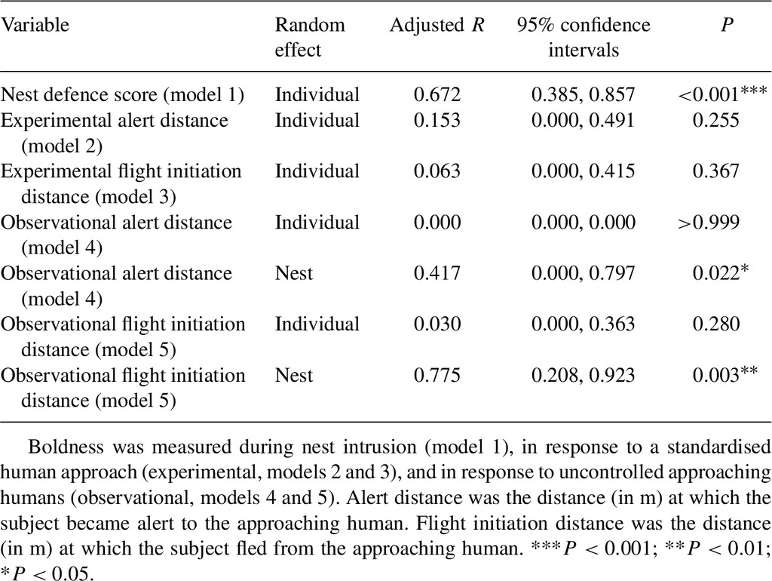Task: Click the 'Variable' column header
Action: pos(35,25)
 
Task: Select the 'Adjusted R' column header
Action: pos(437,26)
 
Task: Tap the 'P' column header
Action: pos(727,25)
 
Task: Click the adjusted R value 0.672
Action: pos(437,94)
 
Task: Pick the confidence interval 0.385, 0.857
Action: pos(584,94)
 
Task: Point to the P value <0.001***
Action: pos(722,94)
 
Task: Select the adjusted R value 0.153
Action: pos(437,120)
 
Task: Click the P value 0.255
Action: pos(716,120)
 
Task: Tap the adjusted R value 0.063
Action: pos(437,171)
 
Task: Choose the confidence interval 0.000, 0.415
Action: pos(584,171)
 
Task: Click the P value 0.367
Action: pos(716,171)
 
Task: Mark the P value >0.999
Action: pos(709,223)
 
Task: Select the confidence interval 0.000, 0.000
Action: pos(584,223)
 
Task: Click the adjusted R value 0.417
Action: pos(437,273)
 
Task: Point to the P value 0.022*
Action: pos(721,272)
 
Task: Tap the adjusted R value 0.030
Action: pos(437,324)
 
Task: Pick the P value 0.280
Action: pos(716,324)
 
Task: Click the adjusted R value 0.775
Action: pos(437,376)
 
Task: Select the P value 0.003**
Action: pos(725,374)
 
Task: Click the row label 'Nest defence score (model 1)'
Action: pos(122,95)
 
